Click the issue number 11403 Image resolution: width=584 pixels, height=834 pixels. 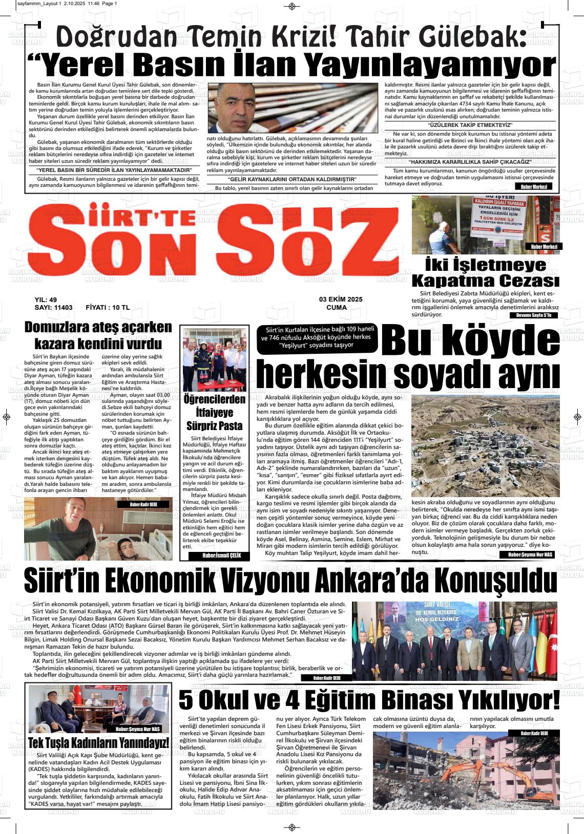tap(60, 308)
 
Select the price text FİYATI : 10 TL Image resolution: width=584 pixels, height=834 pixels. tap(108, 308)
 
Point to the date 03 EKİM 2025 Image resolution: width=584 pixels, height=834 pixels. tap(340, 300)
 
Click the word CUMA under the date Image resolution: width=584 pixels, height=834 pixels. tap(337, 308)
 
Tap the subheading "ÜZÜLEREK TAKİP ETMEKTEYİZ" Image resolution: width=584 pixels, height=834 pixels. tap(470, 125)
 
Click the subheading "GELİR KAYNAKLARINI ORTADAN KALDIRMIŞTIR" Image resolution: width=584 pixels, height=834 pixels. tap(291, 179)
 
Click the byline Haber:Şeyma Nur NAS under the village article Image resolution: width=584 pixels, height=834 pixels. tap(530, 554)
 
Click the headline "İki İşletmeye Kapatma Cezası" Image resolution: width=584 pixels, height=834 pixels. tap(485, 273)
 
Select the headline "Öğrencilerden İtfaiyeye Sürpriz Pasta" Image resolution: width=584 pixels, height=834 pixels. tap(214, 413)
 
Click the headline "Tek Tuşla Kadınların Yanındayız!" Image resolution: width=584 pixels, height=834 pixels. tap(98, 743)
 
